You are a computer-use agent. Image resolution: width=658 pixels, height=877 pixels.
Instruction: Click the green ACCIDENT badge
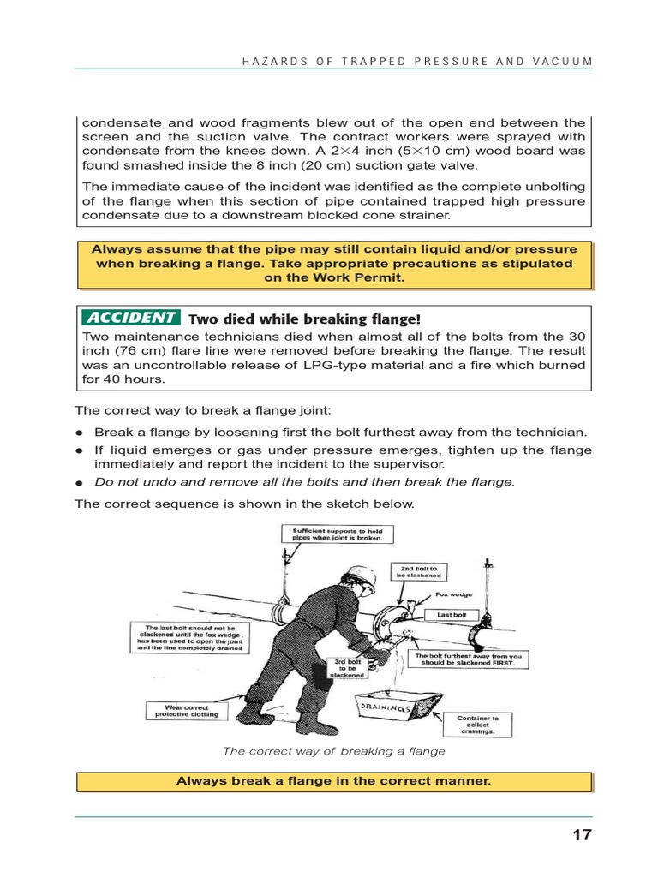pos(129,318)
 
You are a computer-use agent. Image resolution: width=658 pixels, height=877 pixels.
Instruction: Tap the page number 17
pos(582,835)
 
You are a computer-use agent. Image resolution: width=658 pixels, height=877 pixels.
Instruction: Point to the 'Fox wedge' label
pos(453,594)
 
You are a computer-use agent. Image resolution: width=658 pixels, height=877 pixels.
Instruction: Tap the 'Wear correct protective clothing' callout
pos(186,710)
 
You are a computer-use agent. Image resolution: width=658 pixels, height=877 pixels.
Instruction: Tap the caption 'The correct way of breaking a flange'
pos(334,751)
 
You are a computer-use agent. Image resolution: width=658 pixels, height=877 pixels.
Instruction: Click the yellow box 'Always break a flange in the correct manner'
pos(333,781)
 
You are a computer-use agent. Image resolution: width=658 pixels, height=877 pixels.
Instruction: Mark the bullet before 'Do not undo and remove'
pos(79,482)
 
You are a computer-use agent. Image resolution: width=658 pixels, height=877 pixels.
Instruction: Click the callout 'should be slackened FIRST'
pos(468,663)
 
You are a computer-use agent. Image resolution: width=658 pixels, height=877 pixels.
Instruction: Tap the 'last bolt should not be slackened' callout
pos(188,637)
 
